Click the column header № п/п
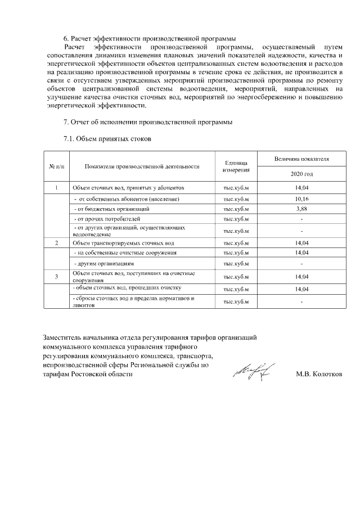[x=56, y=166]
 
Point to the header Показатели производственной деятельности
[x=142, y=166]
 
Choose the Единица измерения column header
[x=236, y=166]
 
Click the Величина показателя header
[x=301, y=159]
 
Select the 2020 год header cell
[x=301, y=174]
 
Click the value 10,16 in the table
[x=301, y=199]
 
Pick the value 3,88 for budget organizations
[x=301, y=209]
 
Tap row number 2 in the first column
[x=56, y=243]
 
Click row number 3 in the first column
[x=56, y=276]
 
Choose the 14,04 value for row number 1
[x=301, y=188]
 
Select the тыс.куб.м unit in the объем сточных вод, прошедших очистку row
[x=236, y=289]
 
